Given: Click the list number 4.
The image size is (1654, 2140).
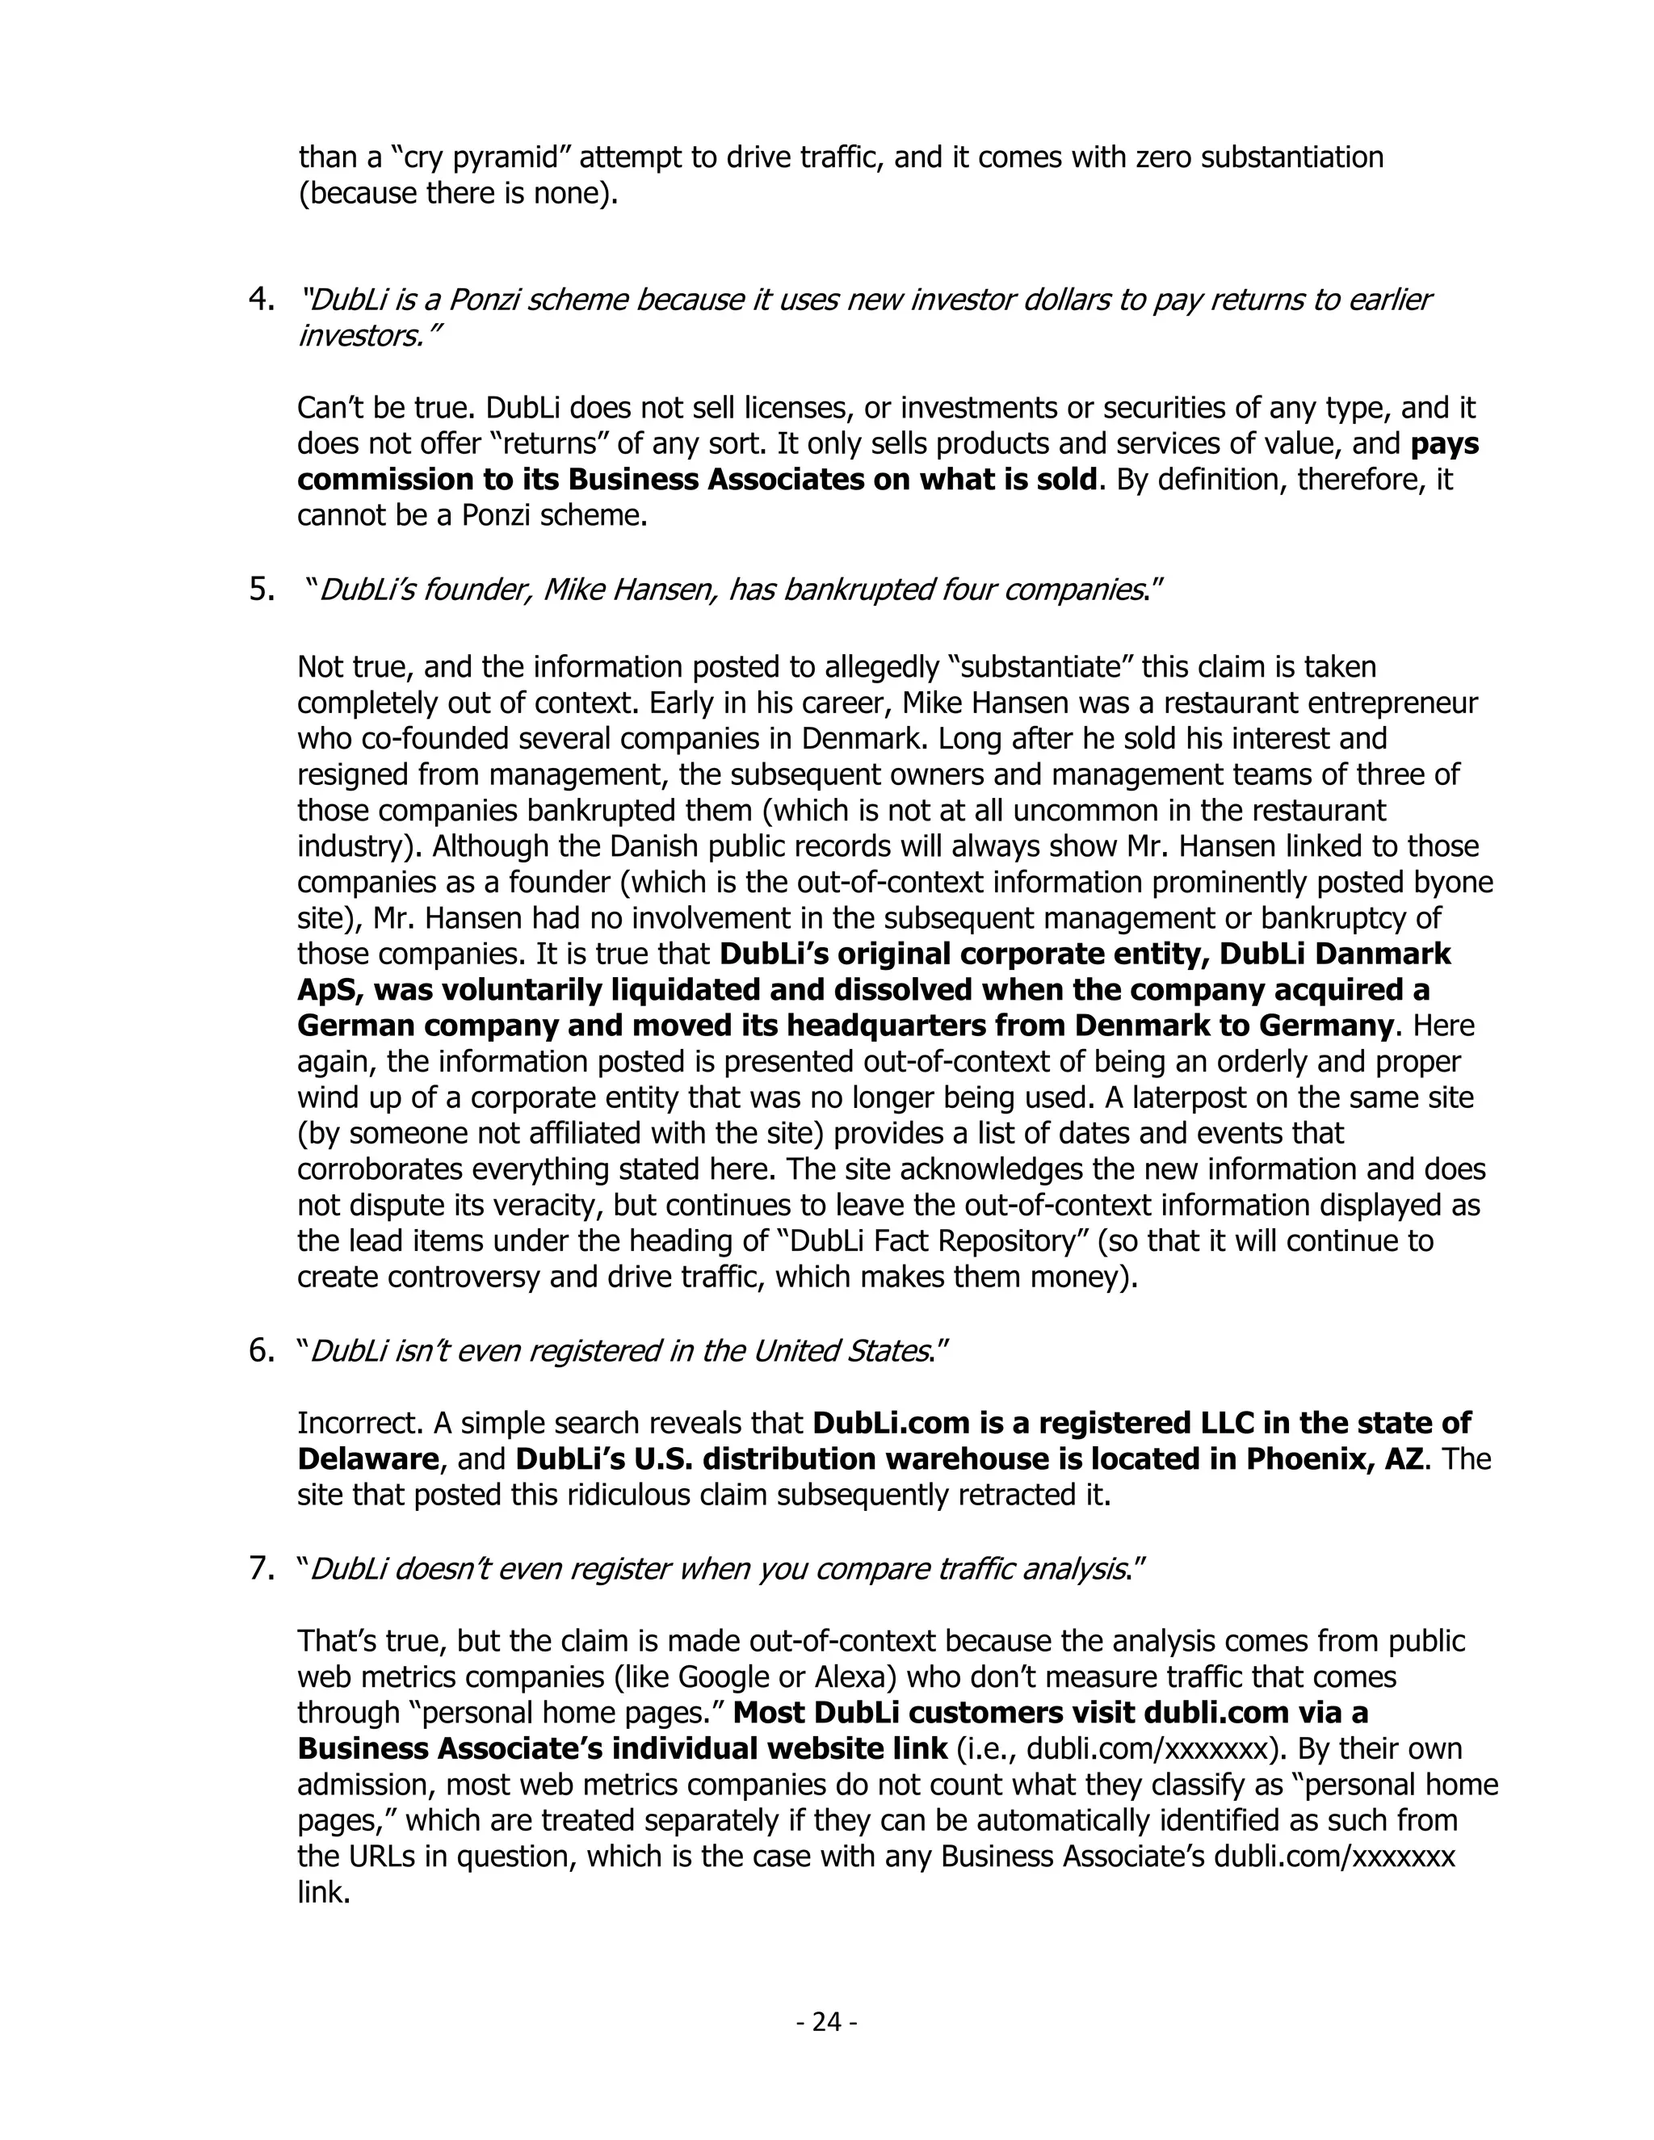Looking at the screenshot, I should click(x=262, y=299).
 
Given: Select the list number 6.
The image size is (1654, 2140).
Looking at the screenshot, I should click(x=262, y=1351).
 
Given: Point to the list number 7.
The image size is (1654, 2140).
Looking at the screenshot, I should click(x=262, y=1569).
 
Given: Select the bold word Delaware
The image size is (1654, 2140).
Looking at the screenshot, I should click(x=367, y=1459).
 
